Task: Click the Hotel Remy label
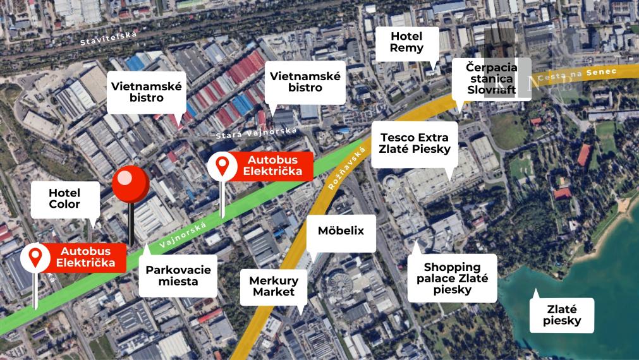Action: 406,42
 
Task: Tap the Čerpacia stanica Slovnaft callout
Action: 491,78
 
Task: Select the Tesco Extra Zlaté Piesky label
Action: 415,143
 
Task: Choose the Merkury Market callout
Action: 274,285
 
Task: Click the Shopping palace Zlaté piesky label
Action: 452,279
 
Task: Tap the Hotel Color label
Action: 64,198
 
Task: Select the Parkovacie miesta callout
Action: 178,275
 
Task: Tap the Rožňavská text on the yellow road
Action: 346,169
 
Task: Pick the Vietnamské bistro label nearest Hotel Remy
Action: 305,82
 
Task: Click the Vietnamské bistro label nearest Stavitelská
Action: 146,92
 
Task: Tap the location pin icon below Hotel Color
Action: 35,257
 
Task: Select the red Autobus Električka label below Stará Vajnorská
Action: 271,165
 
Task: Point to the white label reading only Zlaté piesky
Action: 562,315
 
